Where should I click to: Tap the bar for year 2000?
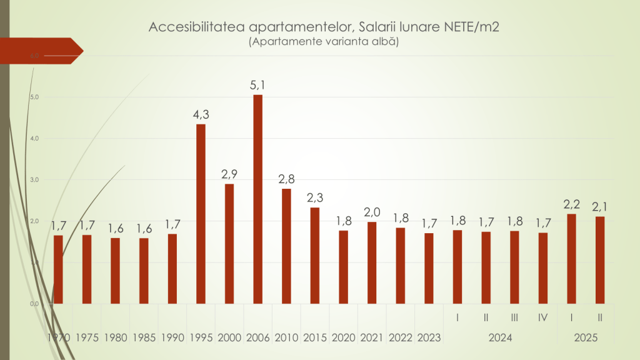coord(229,244)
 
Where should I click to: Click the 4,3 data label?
coord(201,114)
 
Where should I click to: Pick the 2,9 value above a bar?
coord(229,174)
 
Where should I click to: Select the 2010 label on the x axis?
coord(286,337)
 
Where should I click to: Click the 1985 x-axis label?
coord(144,337)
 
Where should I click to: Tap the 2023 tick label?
coord(429,337)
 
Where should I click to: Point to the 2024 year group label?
coord(500,337)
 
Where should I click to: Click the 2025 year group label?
coord(586,337)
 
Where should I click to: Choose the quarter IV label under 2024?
coord(543,317)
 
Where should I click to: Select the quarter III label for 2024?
coord(514,317)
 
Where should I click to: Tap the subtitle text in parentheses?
coord(323,42)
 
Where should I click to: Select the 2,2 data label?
coord(571,204)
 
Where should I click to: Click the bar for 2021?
coord(372,262)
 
